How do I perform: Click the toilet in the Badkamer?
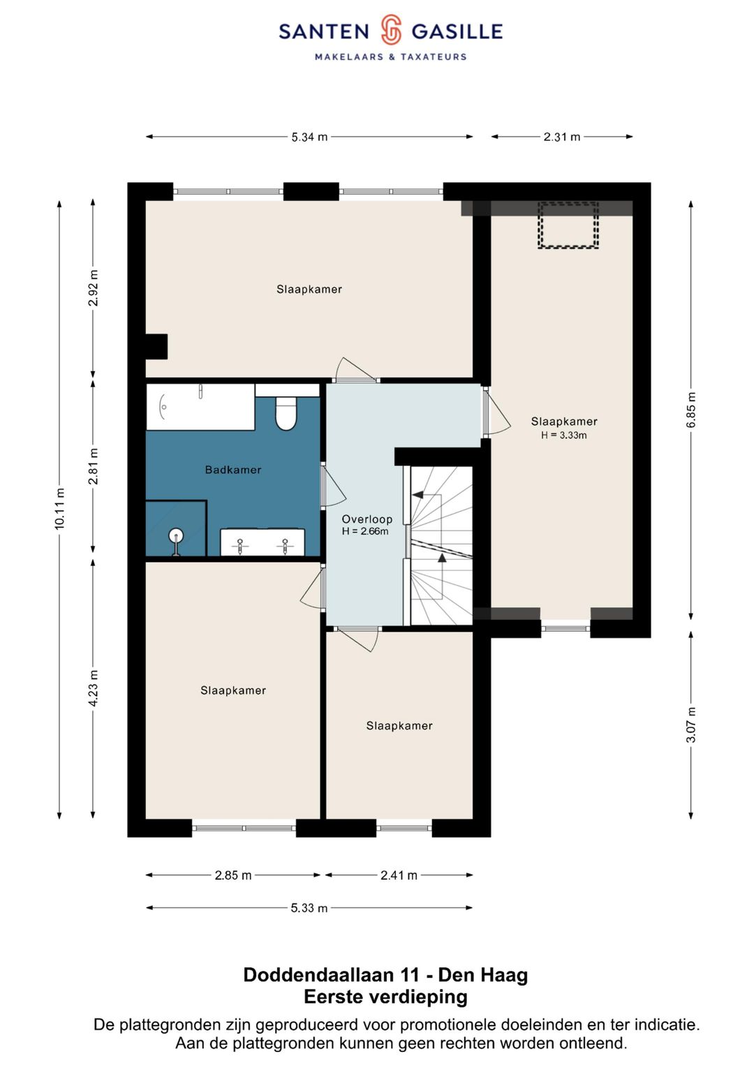286,414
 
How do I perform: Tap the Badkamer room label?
233,470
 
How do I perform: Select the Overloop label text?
367,519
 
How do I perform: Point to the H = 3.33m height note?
563,435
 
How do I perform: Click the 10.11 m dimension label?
59,509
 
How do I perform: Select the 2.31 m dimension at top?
562,137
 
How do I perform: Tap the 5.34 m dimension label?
309,137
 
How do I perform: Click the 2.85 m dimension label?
232,875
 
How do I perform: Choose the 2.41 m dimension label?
399,875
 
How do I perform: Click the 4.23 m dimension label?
94,688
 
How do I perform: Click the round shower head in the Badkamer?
176,535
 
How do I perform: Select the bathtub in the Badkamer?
200,407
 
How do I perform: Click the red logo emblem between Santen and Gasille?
391,29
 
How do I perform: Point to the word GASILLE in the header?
457,31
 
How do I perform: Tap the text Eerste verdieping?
385,996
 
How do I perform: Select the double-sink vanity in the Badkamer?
263,542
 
